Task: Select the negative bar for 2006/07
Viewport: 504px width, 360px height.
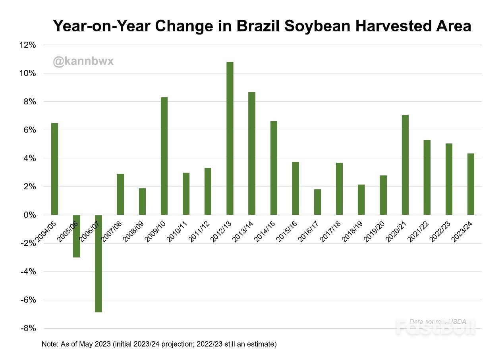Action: point(98,264)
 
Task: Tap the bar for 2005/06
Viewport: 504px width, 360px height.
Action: point(76,236)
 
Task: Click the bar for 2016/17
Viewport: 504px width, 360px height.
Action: point(317,202)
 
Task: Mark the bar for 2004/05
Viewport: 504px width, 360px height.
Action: point(54,169)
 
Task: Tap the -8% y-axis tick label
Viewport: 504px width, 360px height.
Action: point(28,329)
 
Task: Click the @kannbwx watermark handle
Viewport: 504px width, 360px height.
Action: point(83,62)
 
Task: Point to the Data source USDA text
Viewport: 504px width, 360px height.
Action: point(437,321)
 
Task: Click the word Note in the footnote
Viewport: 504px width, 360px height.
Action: point(48,344)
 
